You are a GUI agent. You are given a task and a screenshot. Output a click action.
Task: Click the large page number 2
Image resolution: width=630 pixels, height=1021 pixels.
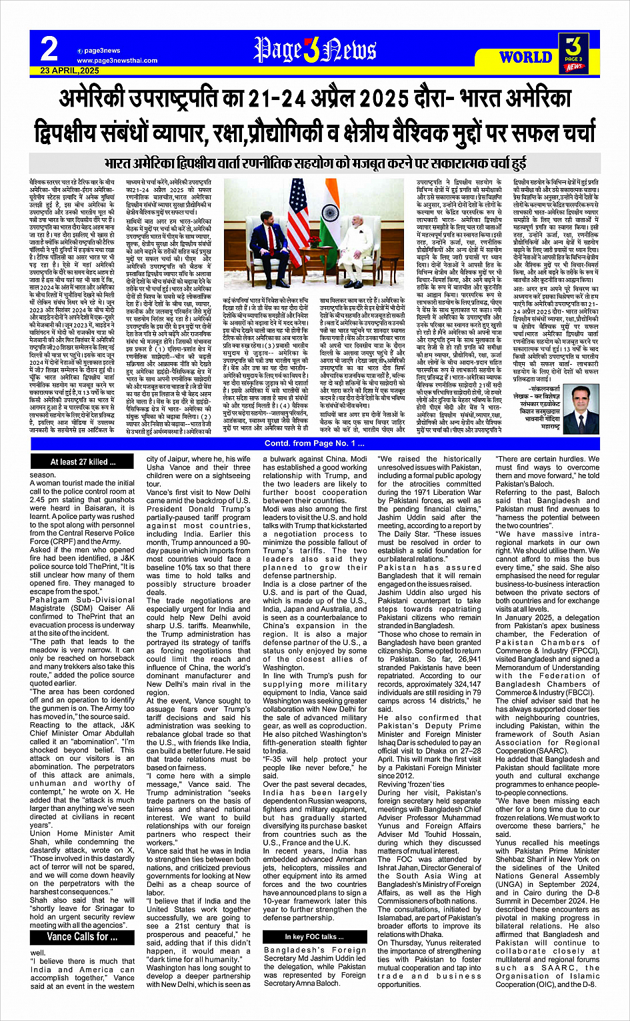[49, 49]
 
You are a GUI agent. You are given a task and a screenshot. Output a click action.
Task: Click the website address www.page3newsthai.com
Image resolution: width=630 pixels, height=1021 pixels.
[117, 61]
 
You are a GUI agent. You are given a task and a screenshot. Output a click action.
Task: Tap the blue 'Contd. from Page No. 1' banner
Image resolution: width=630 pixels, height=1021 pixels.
[315, 443]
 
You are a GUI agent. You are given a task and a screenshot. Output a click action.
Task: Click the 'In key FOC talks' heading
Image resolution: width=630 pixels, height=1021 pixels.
[315, 937]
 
